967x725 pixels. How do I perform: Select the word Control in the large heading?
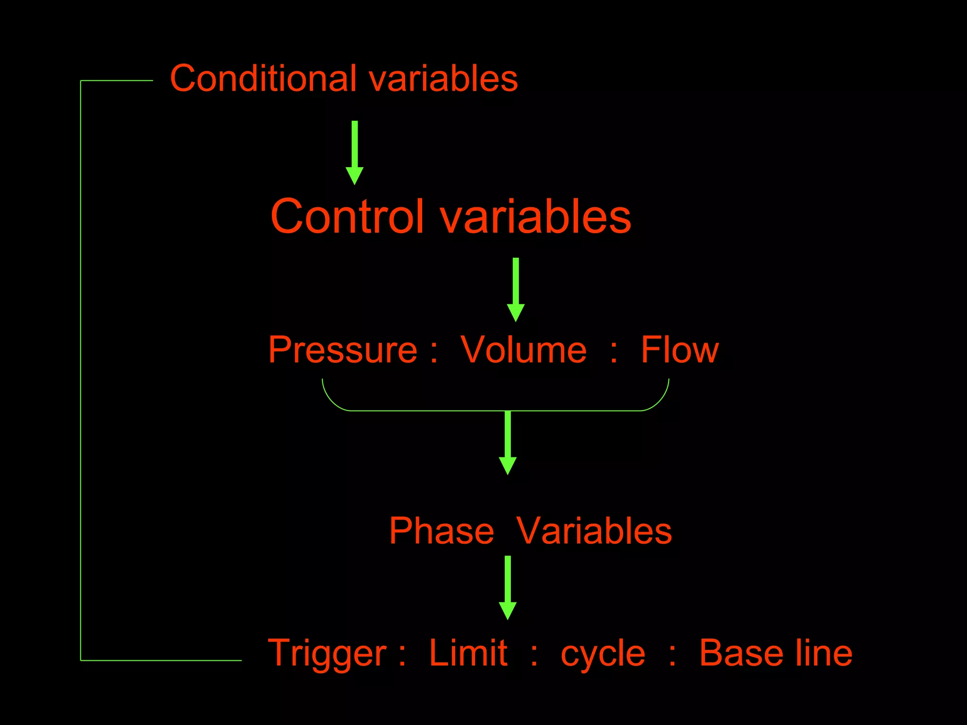tap(347, 216)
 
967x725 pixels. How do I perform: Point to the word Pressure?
tap(343, 350)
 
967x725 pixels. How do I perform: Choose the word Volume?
tap(523, 350)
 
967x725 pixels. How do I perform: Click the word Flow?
tap(679, 350)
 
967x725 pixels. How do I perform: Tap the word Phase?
tap(441, 531)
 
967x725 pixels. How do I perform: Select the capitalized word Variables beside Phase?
tap(594, 531)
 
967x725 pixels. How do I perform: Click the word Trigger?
tap(327, 654)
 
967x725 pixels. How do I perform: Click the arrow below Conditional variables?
tap(355, 152)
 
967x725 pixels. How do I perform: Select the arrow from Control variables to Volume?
tap(516, 289)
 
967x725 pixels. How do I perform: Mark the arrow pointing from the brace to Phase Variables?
tap(508, 442)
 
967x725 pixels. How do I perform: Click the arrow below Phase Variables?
tap(508, 587)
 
